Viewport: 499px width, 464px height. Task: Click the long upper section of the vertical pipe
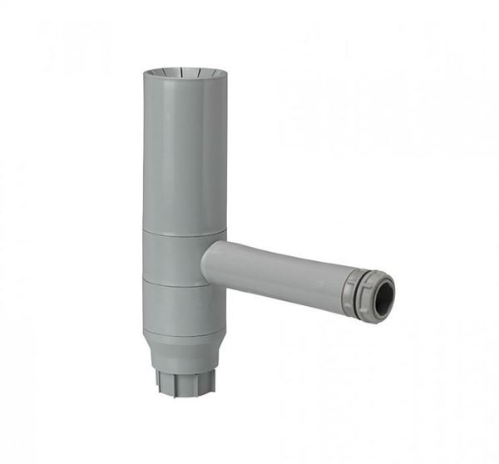184,150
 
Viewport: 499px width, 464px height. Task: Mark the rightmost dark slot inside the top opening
210,76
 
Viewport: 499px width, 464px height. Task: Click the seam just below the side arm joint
183,284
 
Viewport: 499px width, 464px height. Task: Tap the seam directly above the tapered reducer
183,332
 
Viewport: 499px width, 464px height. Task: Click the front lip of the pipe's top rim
184,82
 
